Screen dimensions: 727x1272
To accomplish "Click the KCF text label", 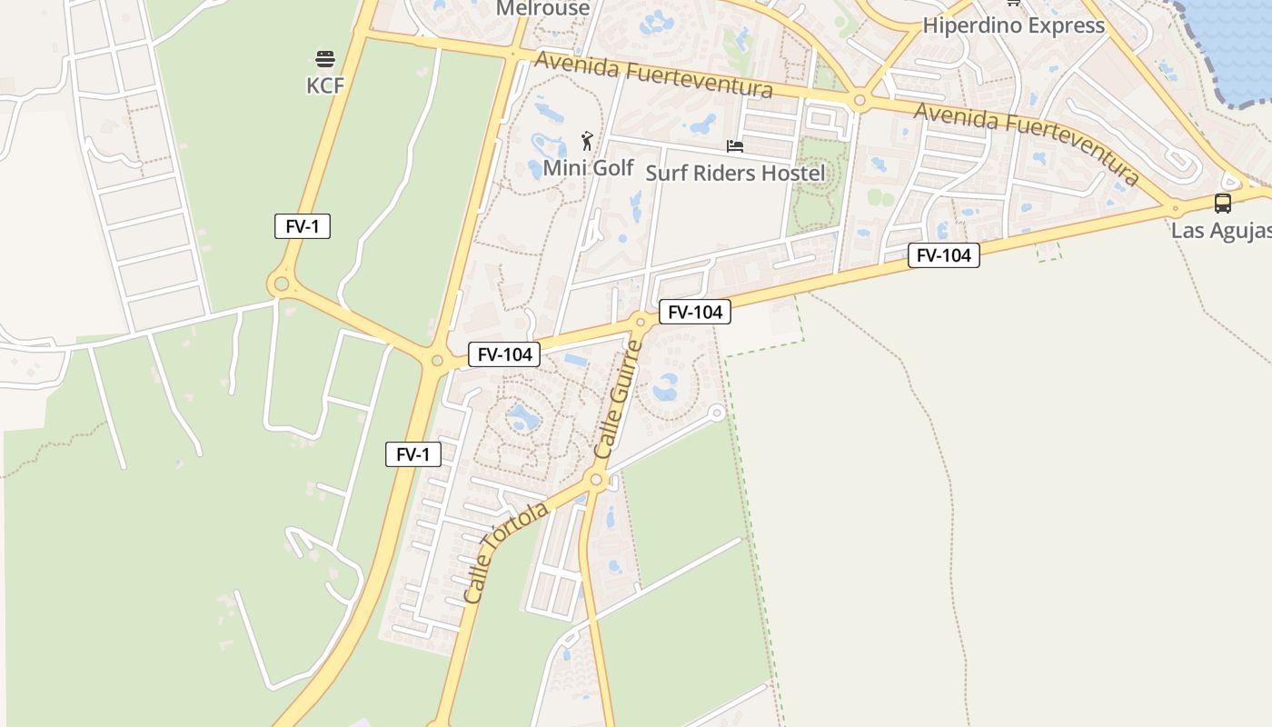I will (x=325, y=85).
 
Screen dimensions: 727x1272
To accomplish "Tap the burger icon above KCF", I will (x=325, y=60).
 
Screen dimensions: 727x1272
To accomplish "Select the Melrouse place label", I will (x=543, y=8).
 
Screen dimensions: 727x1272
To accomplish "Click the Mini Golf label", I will (x=588, y=168).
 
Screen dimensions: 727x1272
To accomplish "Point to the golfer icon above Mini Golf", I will (x=587, y=142).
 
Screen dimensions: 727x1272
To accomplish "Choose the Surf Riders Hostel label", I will (x=735, y=173).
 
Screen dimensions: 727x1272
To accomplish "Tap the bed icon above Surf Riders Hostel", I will (x=735, y=145).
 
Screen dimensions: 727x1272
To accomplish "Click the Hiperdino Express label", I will (x=1013, y=25).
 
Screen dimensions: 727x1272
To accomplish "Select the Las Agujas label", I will (x=1220, y=230).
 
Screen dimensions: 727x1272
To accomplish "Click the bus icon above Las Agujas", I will (x=1223, y=204).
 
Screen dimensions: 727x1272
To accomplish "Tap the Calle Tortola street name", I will (x=505, y=553).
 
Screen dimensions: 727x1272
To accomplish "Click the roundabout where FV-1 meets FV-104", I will (x=437, y=361).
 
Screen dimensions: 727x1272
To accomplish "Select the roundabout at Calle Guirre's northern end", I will (x=641, y=322).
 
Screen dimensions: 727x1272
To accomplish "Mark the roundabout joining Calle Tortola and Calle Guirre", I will (x=597, y=480).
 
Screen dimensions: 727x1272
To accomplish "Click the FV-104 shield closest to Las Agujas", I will (x=944, y=255).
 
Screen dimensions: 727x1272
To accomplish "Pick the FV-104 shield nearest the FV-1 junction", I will (x=504, y=354).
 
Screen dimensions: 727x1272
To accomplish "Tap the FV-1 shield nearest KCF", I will (x=303, y=226).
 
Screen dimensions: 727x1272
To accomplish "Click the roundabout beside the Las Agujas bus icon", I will (x=1175, y=208).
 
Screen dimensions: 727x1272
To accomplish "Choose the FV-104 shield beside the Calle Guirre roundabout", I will (x=695, y=312).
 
